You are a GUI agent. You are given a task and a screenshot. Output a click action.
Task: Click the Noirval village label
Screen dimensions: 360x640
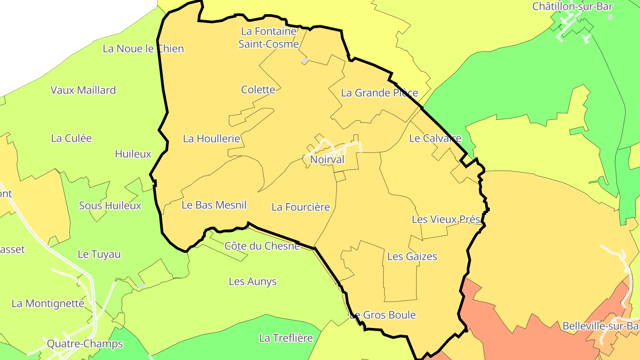point(327,159)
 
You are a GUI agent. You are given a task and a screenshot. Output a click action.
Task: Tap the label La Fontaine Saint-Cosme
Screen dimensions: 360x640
point(268,38)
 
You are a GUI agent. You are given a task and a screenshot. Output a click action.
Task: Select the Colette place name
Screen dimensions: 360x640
point(258,89)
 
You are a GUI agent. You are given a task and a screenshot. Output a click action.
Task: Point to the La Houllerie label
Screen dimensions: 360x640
point(211,138)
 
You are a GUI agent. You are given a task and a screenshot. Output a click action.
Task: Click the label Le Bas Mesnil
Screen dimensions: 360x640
point(214,205)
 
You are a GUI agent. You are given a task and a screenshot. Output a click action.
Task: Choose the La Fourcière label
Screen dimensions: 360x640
point(300,207)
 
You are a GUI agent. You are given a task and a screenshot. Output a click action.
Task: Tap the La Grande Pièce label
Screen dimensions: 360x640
point(379,92)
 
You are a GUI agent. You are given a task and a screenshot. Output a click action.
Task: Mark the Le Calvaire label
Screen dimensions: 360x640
point(435,138)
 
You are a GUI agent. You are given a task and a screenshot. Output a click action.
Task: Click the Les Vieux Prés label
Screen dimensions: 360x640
point(446,219)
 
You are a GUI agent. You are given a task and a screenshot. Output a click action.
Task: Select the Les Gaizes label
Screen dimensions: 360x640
point(412,256)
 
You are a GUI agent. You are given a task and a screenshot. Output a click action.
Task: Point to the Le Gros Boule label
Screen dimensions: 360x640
point(383,315)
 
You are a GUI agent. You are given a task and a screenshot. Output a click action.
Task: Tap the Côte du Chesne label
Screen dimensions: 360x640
point(262,246)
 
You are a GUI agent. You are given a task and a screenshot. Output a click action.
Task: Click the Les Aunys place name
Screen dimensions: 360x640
point(252,281)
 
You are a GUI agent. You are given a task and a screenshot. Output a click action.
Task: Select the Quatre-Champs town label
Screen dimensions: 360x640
point(84,344)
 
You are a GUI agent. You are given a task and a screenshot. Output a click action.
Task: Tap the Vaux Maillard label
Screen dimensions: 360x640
point(83,90)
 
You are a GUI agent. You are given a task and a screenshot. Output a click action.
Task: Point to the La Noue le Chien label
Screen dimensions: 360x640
point(143,48)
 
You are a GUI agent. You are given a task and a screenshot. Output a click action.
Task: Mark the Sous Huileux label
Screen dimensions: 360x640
point(110,205)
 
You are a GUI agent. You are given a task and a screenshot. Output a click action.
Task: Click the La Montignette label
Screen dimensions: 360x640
point(48,304)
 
